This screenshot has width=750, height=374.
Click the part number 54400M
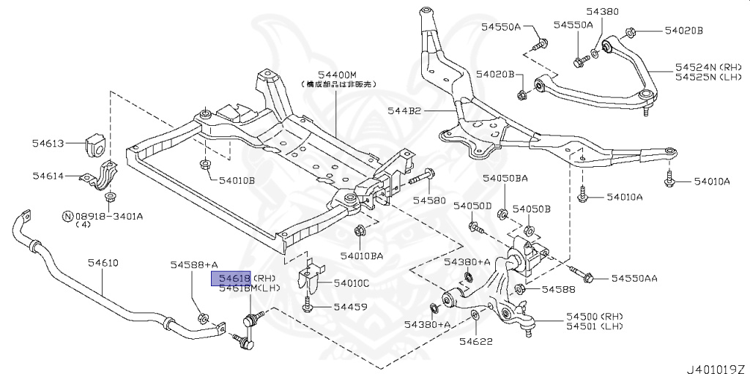point(336,75)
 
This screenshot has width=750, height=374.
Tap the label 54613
point(49,143)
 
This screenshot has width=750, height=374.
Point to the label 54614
point(49,176)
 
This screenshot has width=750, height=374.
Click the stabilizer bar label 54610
point(103,263)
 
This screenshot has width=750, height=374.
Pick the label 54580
point(428,199)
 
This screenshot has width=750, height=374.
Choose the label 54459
point(350,307)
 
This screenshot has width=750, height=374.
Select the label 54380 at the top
point(602,12)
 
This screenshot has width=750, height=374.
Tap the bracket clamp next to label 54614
point(100,177)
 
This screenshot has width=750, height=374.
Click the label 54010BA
point(361,255)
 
